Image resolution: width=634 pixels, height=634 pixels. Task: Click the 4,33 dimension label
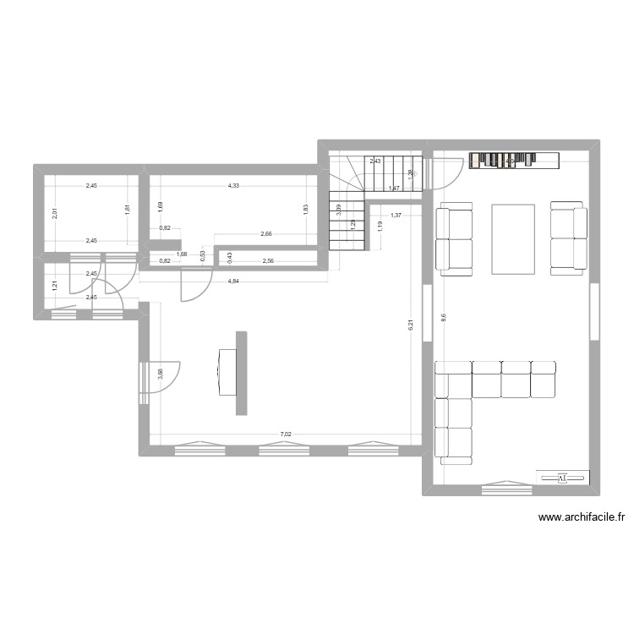click(x=232, y=186)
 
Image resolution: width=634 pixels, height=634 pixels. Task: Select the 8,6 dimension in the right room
click(x=443, y=317)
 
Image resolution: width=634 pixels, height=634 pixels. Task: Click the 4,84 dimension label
click(x=232, y=280)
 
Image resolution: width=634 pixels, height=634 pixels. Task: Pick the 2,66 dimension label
click(x=266, y=234)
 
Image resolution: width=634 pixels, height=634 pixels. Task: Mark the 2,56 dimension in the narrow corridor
click(x=268, y=261)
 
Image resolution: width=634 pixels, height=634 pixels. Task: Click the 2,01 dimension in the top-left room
click(x=55, y=214)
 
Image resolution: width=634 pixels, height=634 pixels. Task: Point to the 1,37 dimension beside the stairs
click(x=395, y=215)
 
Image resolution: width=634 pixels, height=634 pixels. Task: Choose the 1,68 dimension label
click(x=181, y=254)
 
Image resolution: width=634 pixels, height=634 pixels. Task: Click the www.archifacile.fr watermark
click(x=581, y=518)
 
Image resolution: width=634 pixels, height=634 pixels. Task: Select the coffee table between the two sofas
click(x=513, y=238)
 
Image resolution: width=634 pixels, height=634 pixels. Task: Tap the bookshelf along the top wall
click(x=516, y=160)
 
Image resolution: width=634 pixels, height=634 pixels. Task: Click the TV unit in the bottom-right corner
click(x=562, y=478)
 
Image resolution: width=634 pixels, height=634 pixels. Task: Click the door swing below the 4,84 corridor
click(x=194, y=285)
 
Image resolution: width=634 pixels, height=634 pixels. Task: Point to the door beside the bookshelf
click(x=445, y=174)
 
